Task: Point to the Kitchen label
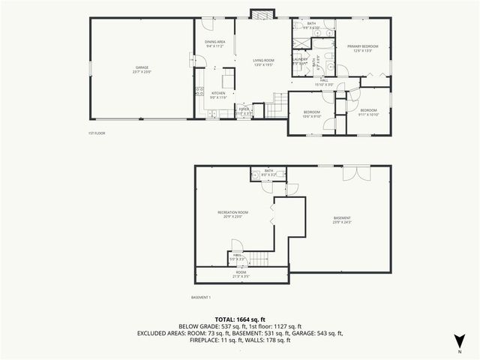[x=217, y=93]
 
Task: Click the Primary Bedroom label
[x=363, y=46]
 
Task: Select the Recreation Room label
[x=232, y=212]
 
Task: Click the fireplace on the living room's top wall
[x=262, y=13]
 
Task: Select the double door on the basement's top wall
[x=352, y=173]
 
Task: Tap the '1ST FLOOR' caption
[x=97, y=133]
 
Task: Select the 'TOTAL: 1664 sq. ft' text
[x=239, y=319]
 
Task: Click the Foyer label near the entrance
[x=244, y=109]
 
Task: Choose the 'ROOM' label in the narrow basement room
[x=241, y=272]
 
